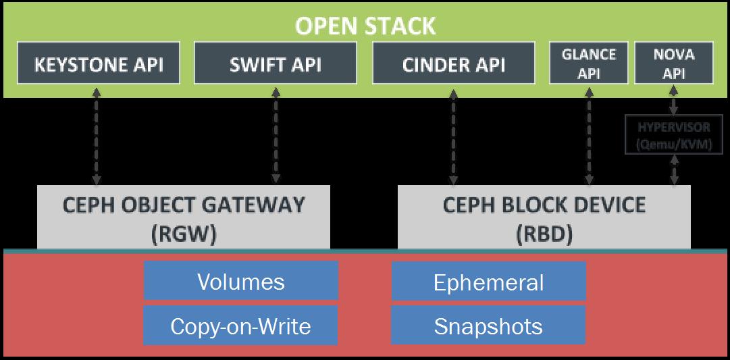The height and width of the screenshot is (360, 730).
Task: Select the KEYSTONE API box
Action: pos(99,64)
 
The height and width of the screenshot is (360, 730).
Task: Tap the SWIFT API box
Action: pos(275,64)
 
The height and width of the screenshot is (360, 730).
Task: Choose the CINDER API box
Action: pos(453,64)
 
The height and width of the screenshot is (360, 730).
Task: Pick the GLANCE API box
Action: pos(589,63)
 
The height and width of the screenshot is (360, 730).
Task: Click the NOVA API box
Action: pos(674,63)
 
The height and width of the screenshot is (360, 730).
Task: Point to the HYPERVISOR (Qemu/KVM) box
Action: pos(674,134)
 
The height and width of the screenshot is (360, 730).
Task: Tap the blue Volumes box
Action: pos(241,281)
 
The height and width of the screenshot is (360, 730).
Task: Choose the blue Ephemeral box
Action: pos(488,281)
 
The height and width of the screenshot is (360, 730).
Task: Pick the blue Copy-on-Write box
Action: pos(241,326)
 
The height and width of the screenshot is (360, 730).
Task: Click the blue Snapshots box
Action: pos(488,326)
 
